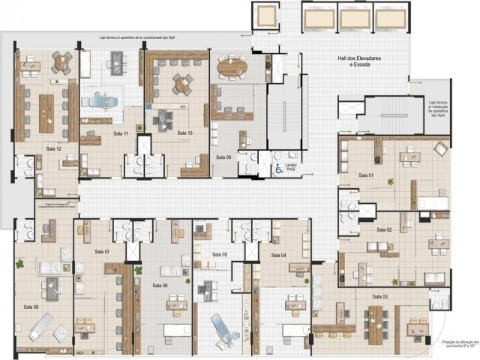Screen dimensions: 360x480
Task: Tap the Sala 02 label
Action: (384, 229)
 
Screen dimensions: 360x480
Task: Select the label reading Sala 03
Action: (379, 297)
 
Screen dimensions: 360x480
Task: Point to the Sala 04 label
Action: (278, 256)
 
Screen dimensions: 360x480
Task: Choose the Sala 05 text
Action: (219, 255)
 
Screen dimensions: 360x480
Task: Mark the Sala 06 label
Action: (160, 285)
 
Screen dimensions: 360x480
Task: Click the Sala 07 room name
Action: (102, 251)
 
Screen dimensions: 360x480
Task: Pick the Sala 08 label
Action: (31, 307)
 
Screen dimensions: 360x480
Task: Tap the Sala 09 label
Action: (223, 157)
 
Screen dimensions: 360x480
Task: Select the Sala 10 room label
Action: (184, 133)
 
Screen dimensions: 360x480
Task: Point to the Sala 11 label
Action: (121, 133)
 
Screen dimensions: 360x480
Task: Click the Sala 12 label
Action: (52, 149)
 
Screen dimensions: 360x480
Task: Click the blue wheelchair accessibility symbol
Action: (278, 169)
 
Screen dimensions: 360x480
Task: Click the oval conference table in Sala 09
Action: (232, 67)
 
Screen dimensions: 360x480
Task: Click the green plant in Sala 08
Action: (19, 264)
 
